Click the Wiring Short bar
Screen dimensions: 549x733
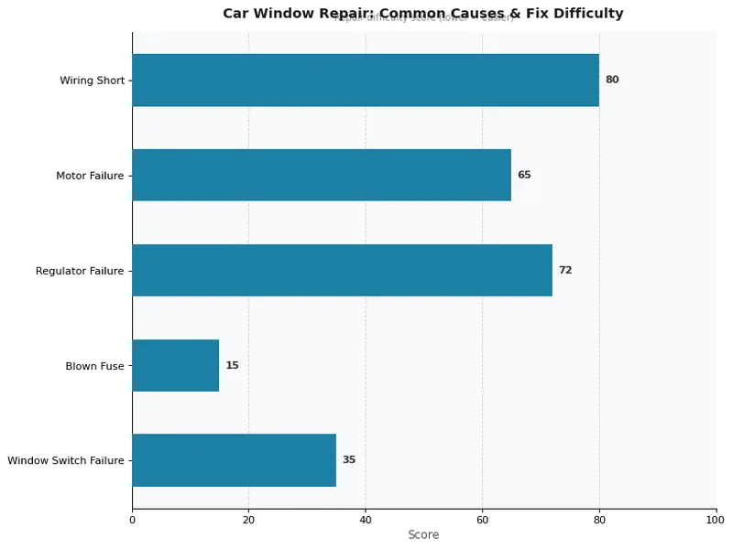click(x=365, y=80)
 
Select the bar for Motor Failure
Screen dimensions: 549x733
click(x=321, y=175)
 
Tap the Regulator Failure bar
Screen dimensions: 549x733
click(x=342, y=270)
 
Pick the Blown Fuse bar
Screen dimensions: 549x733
click(x=175, y=365)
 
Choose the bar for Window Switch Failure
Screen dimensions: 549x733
click(x=234, y=460)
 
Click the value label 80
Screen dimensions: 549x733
click(x=612, y=80)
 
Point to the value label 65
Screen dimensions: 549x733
click(x=524, y=175)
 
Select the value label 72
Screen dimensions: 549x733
click(x=565, y=270)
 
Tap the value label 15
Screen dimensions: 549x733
click(x=232, y=365)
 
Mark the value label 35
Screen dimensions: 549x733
click(x=349, y=460)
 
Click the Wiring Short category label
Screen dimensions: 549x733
click(x=92, y=81)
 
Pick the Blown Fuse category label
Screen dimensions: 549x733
click(x=94, y=366)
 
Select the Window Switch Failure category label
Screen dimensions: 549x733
click(x=65, y=461)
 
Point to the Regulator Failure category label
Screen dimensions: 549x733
click(x=80, y=271)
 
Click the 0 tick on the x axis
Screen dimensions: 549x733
click(x=132, y=520)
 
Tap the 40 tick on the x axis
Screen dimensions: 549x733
click(x=366, y=520)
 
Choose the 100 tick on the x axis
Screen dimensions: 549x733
click(x=716, y=520)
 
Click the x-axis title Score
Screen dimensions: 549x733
click(x=423, y=535)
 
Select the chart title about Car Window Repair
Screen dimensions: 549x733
click(x=423, y=14)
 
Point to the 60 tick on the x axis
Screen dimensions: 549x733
click(x=482, y=520)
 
